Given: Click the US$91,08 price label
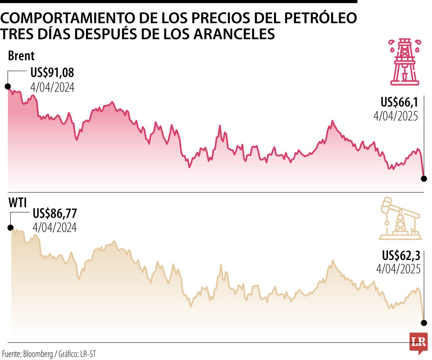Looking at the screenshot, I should coord(52,73).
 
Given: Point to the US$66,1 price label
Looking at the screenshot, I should coord(399,102).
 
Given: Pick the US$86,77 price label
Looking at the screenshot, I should coord(55,214).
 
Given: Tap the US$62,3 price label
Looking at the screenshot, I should coord(401,255).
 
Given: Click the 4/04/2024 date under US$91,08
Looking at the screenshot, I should coord(52,87).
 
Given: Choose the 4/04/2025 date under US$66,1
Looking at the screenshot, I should coord(396,116).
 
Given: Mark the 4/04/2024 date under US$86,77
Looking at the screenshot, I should coord(55,227).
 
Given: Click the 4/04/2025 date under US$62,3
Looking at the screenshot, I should coord(398,268).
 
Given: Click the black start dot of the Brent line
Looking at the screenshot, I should coord(8,86).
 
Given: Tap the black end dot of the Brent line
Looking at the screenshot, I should coord(424,178).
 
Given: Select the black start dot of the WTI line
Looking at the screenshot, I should coord(10,227).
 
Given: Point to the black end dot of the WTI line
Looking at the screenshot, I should coord(424,323).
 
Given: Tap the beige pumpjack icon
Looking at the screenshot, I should coord(400,218).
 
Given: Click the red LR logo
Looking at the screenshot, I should coord(418,342).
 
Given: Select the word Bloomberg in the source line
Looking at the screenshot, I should coord(39,354).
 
